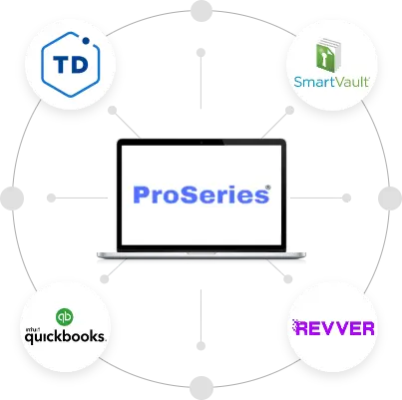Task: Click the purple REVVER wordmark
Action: point(340,328)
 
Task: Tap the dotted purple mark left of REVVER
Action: point(296,327)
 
